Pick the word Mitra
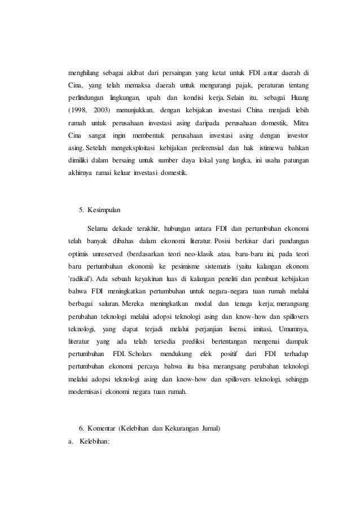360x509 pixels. click(301, 122)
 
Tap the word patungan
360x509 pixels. click(295, 159)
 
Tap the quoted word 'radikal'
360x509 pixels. click(80, 278)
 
